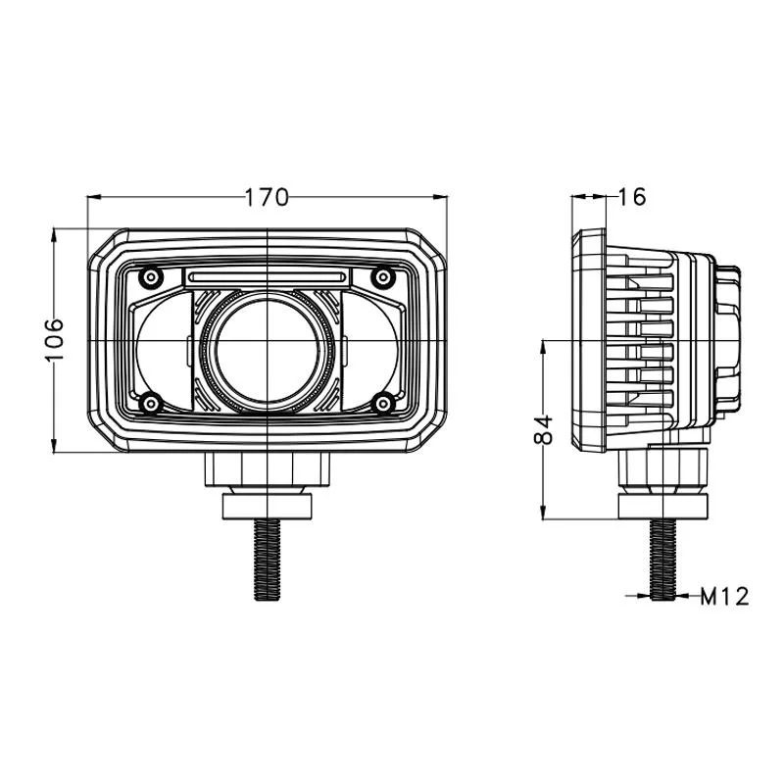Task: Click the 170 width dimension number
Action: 267,198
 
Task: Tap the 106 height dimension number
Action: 54,339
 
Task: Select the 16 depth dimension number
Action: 632,197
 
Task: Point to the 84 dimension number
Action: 544,429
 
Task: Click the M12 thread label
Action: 724,597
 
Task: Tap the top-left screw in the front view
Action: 151,276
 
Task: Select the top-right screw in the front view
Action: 383,276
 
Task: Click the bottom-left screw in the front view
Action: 151,403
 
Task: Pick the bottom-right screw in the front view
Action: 383,403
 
